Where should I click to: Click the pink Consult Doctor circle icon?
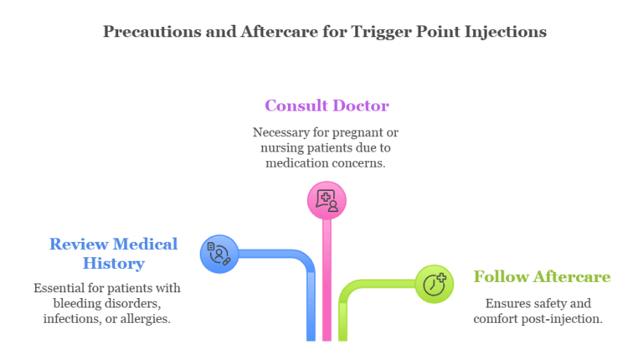(x=327, y=200)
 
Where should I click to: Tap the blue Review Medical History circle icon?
(x=220, y=254)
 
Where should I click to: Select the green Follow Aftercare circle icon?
(x=435, y=284)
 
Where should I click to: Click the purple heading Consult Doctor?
(x=327, y=105)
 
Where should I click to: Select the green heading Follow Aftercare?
(x=542, y=276)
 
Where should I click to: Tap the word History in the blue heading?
(x=113, y=263)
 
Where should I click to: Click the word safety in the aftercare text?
(x=548, y=302)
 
